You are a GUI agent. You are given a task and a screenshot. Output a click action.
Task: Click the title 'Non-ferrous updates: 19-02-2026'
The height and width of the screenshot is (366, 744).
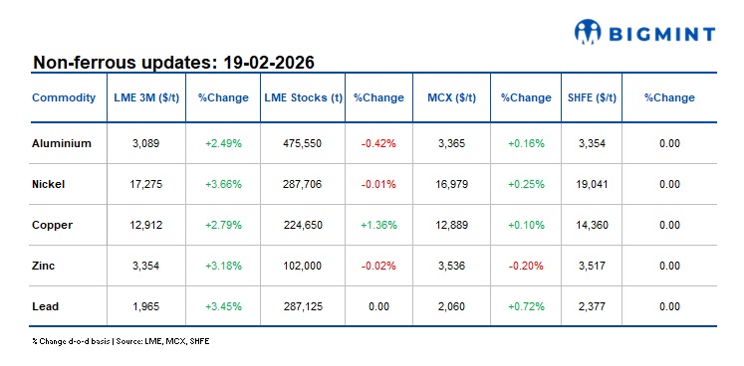(x=174, y=63)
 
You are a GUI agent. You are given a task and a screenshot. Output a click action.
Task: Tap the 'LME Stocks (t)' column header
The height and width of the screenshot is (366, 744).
(x=303, y=98)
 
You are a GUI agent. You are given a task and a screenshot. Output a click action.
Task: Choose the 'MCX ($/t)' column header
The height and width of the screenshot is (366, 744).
(x=451, y=98)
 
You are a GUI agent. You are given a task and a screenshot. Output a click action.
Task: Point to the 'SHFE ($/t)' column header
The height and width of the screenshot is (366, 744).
(x=592, y=98)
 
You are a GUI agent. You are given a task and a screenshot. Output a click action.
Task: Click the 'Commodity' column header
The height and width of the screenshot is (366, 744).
(x=64, y=98)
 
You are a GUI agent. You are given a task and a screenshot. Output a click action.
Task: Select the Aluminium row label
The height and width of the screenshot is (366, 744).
(x=62, y=143)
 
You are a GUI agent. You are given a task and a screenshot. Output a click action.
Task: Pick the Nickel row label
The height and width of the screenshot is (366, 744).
(x=51, y=184)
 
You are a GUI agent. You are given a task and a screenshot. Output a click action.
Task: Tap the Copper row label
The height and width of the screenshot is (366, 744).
(x=53, y=225)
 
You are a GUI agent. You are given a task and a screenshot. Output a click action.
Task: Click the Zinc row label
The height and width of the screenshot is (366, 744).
(x=46, y=266)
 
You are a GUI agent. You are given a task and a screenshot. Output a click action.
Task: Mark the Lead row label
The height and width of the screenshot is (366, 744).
(x=47, y=306)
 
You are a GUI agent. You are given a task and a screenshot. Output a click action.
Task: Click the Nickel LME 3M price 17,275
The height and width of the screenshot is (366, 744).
(x=147, y=184)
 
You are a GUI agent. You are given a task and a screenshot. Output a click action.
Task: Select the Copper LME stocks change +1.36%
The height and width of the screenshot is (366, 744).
(x=378, y=225)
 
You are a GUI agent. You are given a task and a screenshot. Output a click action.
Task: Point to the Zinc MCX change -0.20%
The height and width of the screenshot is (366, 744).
(x=526, y=266)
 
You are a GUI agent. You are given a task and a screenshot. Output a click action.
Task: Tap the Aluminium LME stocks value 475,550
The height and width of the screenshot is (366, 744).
(x=303, y=143)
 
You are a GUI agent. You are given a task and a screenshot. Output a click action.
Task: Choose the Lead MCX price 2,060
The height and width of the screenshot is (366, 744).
(x=451, y=306)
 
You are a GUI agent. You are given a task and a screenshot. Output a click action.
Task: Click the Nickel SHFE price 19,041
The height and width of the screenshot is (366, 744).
(x=592, y=184)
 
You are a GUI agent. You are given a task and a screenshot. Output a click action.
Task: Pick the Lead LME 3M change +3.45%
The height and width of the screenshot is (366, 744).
(x=223, y=306)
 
